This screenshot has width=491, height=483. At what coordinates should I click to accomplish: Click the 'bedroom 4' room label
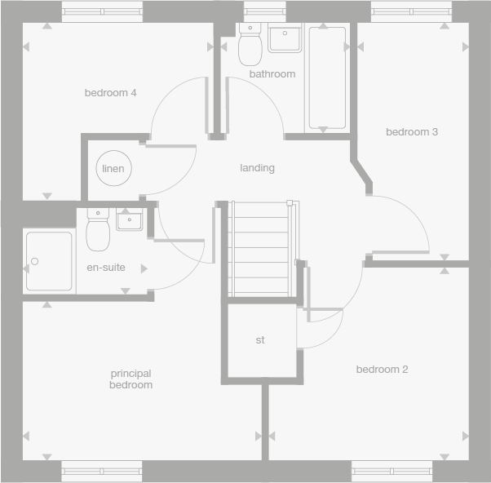point(110,93)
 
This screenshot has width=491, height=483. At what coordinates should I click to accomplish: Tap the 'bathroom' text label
point(272,74)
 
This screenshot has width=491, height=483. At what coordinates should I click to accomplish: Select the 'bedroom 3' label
point(412,132)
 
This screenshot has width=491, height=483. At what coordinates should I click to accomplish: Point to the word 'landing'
point(257,168)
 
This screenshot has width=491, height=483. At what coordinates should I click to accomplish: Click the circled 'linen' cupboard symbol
point(113,169)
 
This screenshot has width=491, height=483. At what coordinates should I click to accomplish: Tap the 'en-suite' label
point(106,268)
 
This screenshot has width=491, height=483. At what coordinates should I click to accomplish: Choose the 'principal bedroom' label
point(131,379)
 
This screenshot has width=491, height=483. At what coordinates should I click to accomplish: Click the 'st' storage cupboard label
point(260,340)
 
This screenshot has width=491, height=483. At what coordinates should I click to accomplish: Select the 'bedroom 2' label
point(382,370)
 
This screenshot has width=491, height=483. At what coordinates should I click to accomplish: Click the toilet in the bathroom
point(250,46)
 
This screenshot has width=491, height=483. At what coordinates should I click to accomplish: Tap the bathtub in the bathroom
point(326,78)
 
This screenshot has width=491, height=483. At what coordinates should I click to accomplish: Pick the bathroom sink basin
point(285,38)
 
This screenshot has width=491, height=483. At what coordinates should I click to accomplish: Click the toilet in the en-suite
point(98,231)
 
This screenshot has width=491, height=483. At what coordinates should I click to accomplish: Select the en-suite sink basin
point(129,219)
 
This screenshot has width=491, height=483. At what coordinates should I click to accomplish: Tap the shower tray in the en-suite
point(49,261)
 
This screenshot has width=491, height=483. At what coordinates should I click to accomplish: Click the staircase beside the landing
point(259,249)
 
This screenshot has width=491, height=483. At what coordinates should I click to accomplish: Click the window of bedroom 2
point(391,472)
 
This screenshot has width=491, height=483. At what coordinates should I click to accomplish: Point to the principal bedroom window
point(102,472)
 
